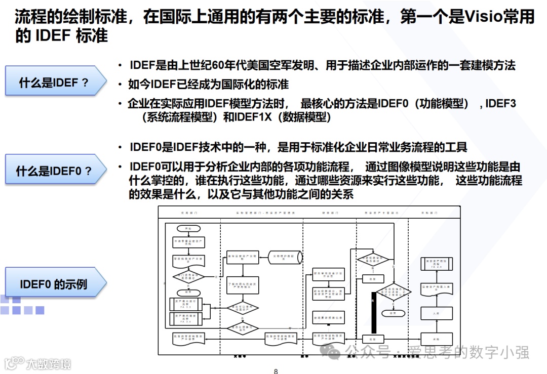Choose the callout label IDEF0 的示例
point(53,284)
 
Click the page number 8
point(276,371)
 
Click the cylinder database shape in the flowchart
point(285,257)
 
